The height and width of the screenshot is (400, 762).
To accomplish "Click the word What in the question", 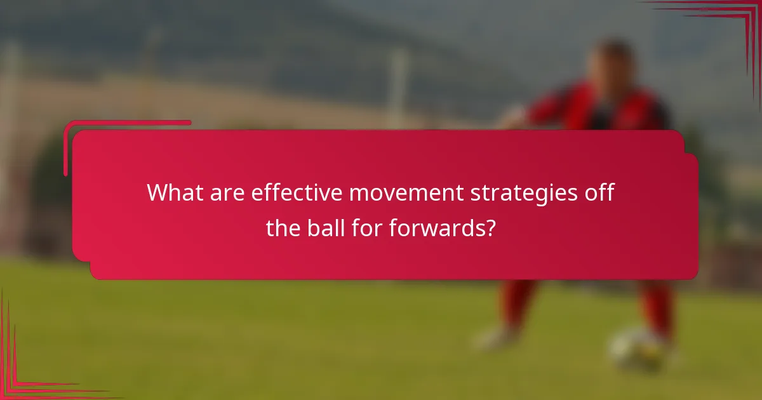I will (x=173, y=192).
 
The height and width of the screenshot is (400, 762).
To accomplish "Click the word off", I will (x=600, y=192).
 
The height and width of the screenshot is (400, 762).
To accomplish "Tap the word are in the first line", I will (x=225, y=192).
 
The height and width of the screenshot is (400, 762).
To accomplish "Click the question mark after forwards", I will (x=490, y=227).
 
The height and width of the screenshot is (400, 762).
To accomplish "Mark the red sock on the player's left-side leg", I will (x=518, y=302).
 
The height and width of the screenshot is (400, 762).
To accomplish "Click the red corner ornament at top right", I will (x=730, y=25).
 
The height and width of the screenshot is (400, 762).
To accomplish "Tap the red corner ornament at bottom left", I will (x=25, y=375).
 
